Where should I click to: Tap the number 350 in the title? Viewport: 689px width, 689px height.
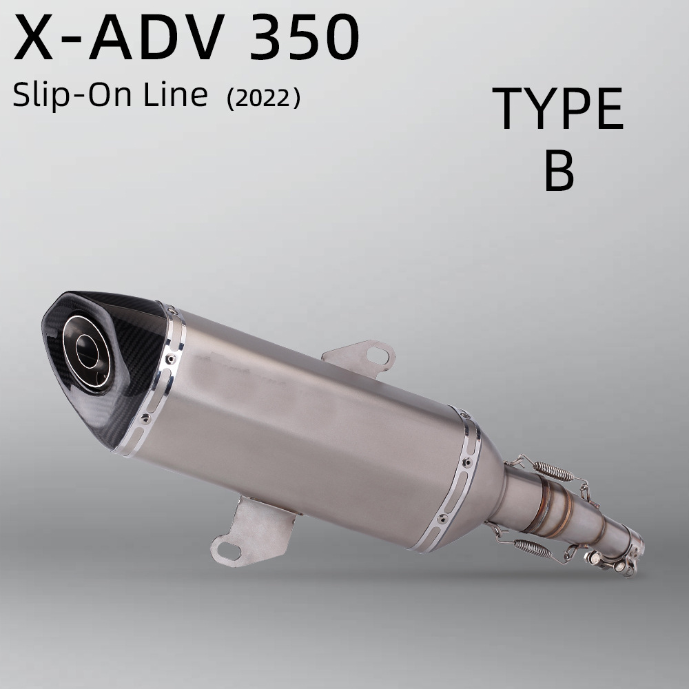(305, 37)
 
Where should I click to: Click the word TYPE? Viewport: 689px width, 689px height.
(558, 108)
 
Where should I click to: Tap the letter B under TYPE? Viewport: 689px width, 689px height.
(559, 170)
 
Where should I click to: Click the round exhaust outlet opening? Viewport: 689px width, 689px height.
(88, 351)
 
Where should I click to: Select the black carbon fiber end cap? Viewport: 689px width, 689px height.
(105, 364)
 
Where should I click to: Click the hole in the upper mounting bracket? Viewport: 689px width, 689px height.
(377, 355)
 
